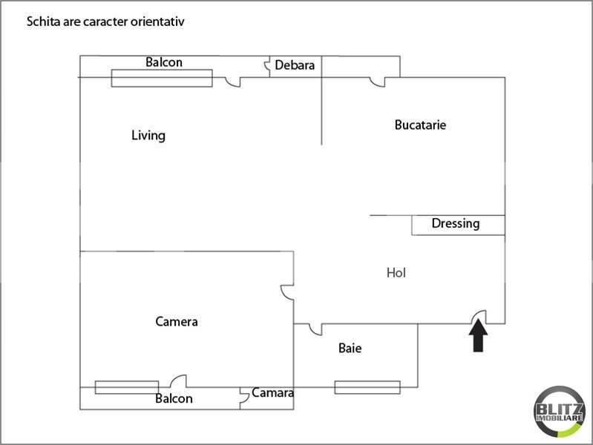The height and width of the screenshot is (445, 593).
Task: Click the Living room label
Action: click(148, 136)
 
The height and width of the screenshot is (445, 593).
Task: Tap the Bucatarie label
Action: click(420, 125)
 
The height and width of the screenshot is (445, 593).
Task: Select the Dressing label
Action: click(456, 223)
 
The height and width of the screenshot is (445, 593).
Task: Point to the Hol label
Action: click(396, 273)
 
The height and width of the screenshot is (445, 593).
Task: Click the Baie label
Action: click(350, 348)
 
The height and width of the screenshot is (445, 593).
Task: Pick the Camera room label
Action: click(177, 322)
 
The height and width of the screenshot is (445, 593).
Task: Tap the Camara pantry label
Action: click(272, 393)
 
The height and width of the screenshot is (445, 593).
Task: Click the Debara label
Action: click(295, 65)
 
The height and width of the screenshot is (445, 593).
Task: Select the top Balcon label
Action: click(164, 62)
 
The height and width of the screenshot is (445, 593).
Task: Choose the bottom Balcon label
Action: click(174, 398)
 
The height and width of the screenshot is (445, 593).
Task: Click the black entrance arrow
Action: click(479, 335)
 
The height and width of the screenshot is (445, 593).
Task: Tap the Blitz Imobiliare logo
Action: click(560, 412)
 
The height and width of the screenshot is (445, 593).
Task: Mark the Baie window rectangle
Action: click(367, 387)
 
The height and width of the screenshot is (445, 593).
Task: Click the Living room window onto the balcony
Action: click(162, 79)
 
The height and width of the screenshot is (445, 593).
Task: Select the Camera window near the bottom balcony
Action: click(127, 387)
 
